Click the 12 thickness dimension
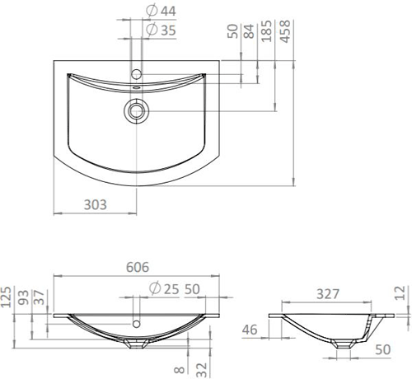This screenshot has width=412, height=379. click(400, 292)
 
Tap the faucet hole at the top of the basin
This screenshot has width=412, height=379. click(137, 75)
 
